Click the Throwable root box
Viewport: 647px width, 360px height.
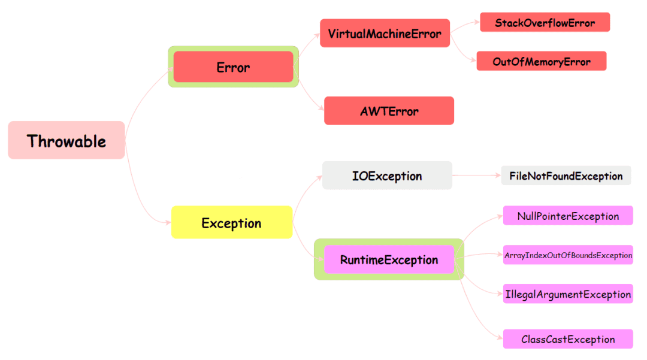click(x=66, y=140)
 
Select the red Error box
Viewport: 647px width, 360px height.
click(x=233, y=67)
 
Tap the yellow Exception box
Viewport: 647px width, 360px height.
click(x=231, y=223)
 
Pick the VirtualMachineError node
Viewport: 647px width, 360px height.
click(x=385, y=33)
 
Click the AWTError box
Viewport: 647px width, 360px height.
click(x=389, y=111)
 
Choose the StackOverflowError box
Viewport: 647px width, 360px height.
click(x=545, y=23)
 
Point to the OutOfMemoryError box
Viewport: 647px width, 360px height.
click(x=541, y=61)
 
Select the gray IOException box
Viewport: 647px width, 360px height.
click(x=387, y=176)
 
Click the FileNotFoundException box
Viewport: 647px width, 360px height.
click(x=566, y=176)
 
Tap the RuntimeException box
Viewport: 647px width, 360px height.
click(x=389, y=259)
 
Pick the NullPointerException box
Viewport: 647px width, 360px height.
click(x=568, y=216)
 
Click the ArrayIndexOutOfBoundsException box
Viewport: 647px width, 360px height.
click(x=568, y=255)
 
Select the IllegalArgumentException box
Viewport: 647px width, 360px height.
click(x=568, y=294)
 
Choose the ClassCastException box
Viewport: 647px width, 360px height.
click(x=568, y=339)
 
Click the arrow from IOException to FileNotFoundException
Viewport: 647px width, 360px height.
click(x=476, y=176)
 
